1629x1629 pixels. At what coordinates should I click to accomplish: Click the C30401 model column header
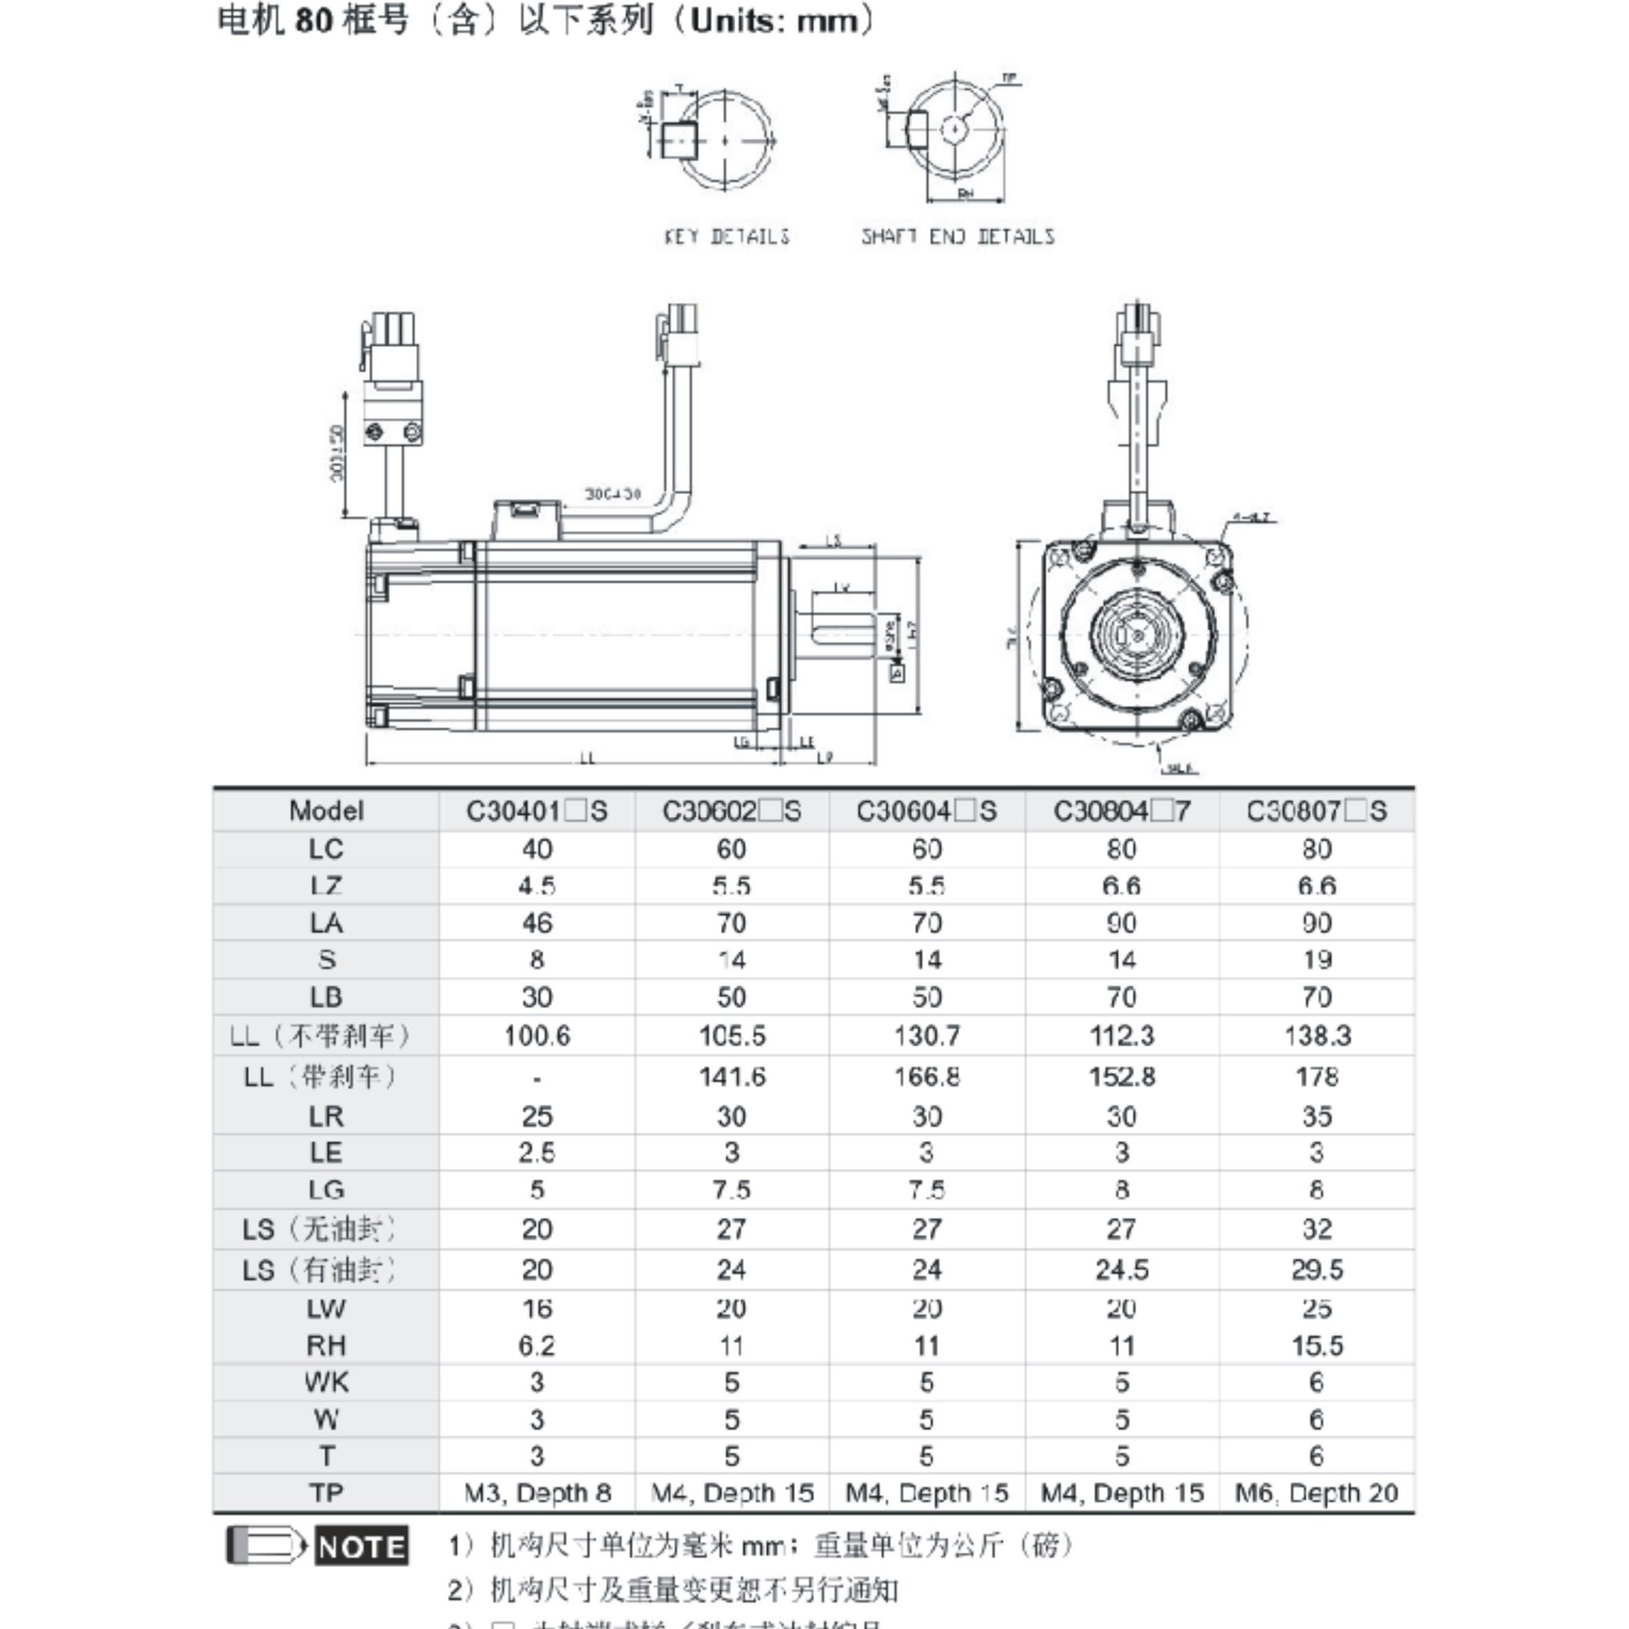point(536,811)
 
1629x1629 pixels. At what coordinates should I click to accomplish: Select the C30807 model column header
point(1316,811)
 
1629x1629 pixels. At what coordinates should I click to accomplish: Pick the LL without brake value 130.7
point(927,1036)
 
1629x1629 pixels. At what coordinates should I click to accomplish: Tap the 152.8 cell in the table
point(1121,1077)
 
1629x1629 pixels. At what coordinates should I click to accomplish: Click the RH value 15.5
point(1316,1345)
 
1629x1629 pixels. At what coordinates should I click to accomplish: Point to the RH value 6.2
point(536,1345)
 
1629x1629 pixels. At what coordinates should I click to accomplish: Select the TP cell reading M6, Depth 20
point(1316,1493)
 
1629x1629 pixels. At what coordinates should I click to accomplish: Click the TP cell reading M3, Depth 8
point(536,1493)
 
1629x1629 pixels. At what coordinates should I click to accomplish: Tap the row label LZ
point(326,886)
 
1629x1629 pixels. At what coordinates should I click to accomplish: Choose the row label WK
point(326,1383)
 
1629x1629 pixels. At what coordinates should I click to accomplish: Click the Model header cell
point(326,811)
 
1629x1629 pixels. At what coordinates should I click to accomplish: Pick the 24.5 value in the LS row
point(1121,1270)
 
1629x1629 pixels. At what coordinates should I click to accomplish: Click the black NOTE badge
point(362,1546)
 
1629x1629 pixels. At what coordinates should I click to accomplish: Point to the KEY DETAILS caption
point(727,237)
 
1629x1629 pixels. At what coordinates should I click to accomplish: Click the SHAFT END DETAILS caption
point(958,237)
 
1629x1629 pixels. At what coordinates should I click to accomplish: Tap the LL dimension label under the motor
point(588,758)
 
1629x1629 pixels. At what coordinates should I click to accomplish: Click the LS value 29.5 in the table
point(1316,1270)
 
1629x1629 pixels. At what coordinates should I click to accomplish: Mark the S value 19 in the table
point(1316,960)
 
